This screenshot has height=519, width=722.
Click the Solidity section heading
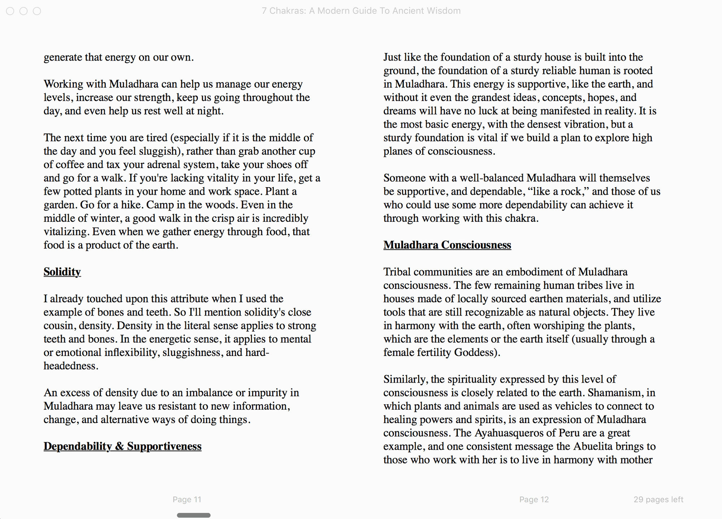point(62,272)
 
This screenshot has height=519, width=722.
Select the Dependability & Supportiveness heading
point(122,446)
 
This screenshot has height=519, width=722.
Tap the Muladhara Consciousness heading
point(447,245)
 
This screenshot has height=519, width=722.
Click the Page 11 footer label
point(187,500)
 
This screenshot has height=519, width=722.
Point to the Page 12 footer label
point(534,500)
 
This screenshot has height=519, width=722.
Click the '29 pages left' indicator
point(658,500)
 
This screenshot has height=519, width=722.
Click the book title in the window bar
point(361,11)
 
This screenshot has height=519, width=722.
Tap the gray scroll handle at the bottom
point(193,515)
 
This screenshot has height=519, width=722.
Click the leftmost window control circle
point(10,11)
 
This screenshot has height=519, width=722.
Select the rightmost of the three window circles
point(37,11)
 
